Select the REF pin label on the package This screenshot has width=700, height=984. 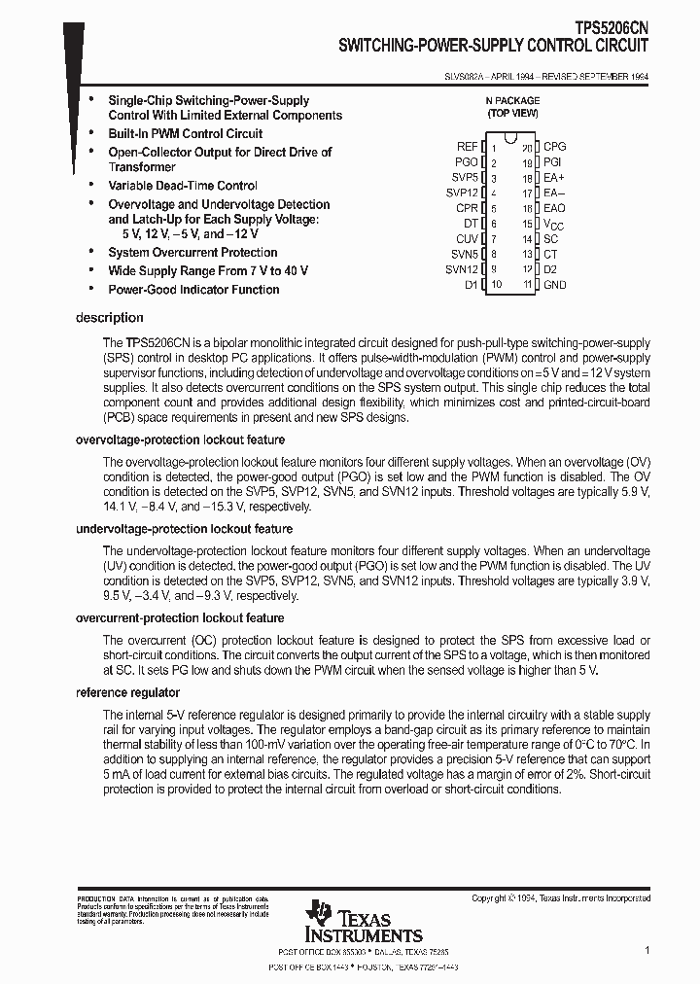(x=468, y=146)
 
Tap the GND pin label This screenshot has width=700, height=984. (x=554, y=285)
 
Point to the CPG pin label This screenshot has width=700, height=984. (x=554, y=146)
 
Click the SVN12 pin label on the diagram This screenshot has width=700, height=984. (x=462, y=269)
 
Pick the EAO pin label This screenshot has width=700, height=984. (x=554, y=208)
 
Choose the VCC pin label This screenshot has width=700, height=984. (x=553, y=224)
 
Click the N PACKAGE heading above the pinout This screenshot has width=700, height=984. (x=512, y=100)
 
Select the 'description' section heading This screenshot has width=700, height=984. (x=109, y=318)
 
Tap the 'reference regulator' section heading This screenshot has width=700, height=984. (x=127, y=692)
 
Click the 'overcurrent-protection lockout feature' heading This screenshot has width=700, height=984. (x=180, y=618)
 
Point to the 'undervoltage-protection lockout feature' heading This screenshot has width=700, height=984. (x=184, y=529)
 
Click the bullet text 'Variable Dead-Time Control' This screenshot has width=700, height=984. (x=183, y=186)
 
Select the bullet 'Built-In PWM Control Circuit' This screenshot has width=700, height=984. (x=185, y=133)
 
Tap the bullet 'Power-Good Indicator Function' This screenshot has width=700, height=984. (x=193, y=290)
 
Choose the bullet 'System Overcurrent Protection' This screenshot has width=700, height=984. (x=192, y=253)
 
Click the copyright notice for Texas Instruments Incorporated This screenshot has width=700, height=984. (x=561, y=898)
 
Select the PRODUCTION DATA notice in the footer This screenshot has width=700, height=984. (x=172, y=908)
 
